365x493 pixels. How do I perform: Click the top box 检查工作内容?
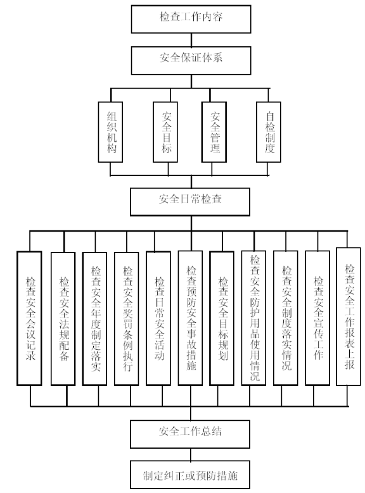(191, 19)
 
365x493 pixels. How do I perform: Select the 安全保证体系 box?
(191, 60)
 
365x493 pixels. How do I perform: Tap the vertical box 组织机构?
(110, 132)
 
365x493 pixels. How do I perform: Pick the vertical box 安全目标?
(165, 132)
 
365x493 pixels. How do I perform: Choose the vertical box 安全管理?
(214, 132)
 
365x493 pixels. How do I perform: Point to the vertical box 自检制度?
(269, 132)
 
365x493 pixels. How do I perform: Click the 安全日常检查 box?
(190, 202)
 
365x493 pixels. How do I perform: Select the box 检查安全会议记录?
(29, 318)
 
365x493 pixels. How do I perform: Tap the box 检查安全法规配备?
(63, 318)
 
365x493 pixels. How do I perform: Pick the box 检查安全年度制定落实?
(94, 318)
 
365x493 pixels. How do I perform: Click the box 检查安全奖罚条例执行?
(126, 318)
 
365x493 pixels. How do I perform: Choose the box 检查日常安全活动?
(158, 318)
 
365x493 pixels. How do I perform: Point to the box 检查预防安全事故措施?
(190, 318)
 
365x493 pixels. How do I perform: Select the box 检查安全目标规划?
(222, 318)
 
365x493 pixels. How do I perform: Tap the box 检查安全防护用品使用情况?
(253, 318)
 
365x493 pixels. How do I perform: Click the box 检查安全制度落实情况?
(285, 318)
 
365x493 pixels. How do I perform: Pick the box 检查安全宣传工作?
(317, 318)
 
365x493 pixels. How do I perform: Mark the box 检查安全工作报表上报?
(349, 316)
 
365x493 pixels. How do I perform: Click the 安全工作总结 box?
(190, 434)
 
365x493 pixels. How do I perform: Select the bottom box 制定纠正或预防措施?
(190, 475)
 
